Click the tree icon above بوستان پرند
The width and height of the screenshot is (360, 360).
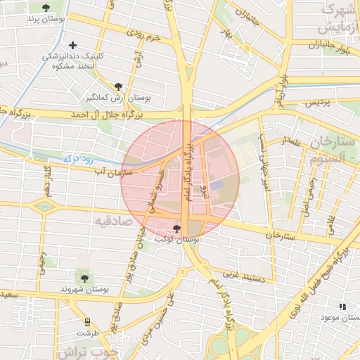46,8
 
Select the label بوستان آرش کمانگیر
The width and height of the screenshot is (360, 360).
98,96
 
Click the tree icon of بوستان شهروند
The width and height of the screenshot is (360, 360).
84,278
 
